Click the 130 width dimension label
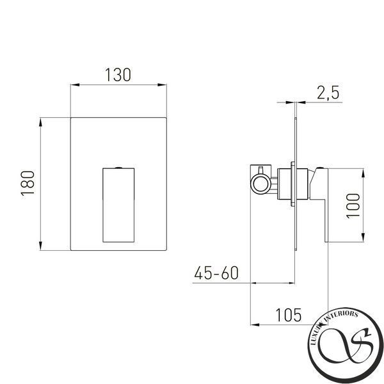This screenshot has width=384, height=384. pos(118,75)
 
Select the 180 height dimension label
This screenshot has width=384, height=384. pos(28,184)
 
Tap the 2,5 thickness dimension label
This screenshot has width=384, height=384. pos(328,93)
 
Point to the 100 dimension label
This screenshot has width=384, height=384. pos(353,205)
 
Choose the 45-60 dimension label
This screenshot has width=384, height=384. pos(216,273)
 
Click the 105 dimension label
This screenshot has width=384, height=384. pos(289,315)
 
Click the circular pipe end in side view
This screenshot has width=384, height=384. pos(260,184)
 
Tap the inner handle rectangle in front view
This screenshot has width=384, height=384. pos(118,205)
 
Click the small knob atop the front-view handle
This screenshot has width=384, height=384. pos(118,168)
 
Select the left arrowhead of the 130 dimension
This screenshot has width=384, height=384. pos(75,85)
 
